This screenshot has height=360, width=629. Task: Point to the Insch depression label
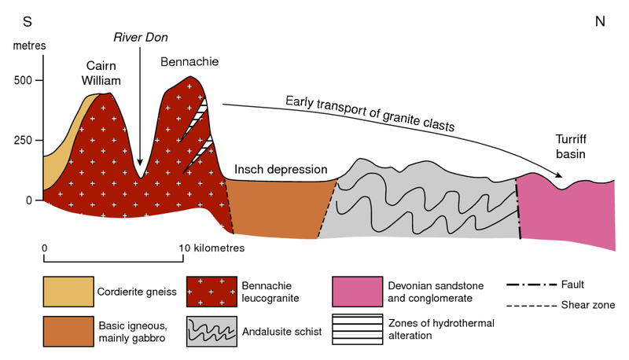pos(281,170)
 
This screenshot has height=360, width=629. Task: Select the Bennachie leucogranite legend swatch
pos(208,292)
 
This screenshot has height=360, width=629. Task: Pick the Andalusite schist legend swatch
pos(208,331)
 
